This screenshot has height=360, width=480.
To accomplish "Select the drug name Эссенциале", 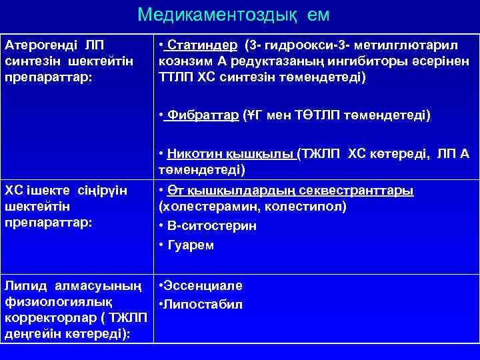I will (x=203, y=286).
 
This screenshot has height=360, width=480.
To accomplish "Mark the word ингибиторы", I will (x=383, y=61).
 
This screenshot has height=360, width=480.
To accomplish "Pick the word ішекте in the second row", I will (x=49, y=191).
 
